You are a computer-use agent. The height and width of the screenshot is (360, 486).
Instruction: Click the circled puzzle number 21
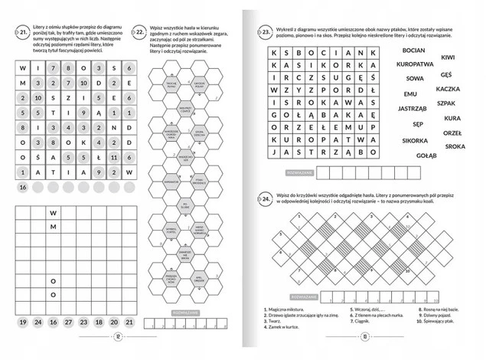click(x=24, y=31)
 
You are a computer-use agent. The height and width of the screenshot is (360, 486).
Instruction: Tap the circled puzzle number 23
click(x=264, y=34)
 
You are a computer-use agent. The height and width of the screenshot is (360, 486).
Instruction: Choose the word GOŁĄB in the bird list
click(x=425, y=155)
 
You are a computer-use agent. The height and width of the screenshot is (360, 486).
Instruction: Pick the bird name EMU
click(x=409, y=93)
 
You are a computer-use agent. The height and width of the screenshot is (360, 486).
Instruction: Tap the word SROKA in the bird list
click(x=454, y=146)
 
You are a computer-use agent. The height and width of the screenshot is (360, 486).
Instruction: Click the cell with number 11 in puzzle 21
click(x=113, y=157)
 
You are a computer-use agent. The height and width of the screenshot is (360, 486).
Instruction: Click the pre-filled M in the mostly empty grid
click(x=53, y=228)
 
